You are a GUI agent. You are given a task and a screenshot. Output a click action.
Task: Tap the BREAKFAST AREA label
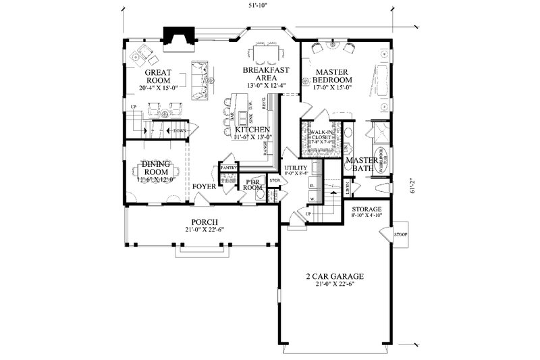click(267, 74)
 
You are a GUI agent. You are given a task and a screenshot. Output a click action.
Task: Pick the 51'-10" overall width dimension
click(256, 6)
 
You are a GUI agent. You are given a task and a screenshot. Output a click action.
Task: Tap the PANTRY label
click(227, 167)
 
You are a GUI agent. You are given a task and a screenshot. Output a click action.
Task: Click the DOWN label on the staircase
click(180, 130)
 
